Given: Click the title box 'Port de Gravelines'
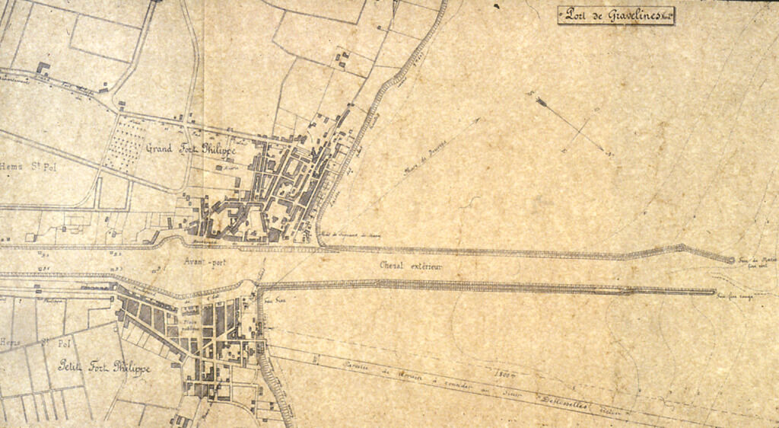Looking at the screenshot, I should [x=616, y=15].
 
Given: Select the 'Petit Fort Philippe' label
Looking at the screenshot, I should [x=104, y=368].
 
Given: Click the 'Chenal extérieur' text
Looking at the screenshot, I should [x=411, y=266].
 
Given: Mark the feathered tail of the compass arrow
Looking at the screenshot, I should [x=542, y=101].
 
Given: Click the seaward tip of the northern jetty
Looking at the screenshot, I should [x=731, y=260].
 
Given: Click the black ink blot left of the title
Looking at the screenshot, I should [x=496, y=6].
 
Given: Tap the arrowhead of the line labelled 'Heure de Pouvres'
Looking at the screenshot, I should [x=479, y=119].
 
